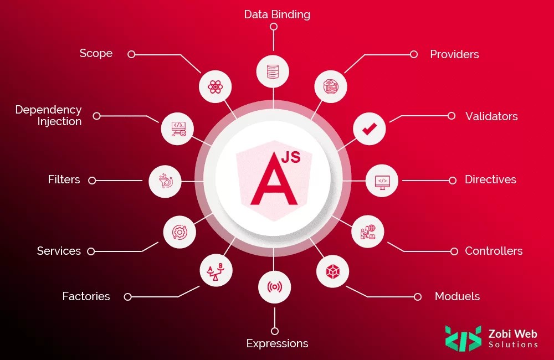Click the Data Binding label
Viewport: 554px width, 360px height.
(277, 14)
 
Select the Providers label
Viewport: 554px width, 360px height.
(454, 54)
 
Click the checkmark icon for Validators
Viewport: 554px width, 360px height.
(369, 129)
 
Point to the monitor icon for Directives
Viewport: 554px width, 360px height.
(382, 181)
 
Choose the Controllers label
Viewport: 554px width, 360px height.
(494, 251)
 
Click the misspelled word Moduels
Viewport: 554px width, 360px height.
(457, 296)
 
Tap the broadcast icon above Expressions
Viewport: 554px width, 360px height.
(274, 287)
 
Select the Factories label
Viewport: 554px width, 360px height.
(86, 296)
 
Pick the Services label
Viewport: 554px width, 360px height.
(59, 251)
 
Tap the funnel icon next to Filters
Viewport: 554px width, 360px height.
(165, 181)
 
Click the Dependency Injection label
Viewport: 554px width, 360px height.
(48, 116)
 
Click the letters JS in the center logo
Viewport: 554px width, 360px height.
(291, 158)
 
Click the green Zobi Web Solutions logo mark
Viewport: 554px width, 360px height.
(463, 338)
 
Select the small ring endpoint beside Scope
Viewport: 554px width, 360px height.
(131, 54)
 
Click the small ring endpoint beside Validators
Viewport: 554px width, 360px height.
(452, 116)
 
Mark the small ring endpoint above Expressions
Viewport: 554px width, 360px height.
(274, 331)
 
